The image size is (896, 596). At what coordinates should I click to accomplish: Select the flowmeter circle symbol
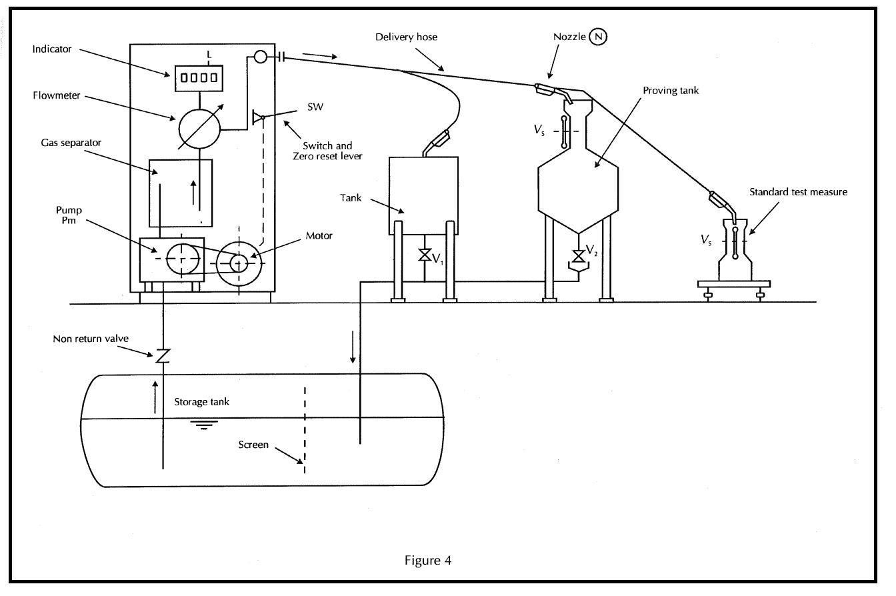click(x=199, y=127)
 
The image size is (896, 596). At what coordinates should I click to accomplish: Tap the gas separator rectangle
click(x=181, y=193)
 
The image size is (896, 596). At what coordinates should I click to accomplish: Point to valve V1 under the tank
click(x=423, y=255)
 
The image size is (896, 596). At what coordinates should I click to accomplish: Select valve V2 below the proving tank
click(x=579, y=255)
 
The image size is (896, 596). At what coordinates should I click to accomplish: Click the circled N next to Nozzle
click(x=598, y=37)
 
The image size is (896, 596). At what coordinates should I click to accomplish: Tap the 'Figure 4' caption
click(x=427, y=560)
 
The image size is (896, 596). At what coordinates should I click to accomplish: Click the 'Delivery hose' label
click(x=406, y=37)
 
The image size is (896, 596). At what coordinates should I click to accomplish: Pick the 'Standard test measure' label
click(x=798, y=192)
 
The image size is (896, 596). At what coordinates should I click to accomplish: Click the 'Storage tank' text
click(x=201, y=402)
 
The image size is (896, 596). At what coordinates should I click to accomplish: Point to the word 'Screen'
click(x=253, y=445)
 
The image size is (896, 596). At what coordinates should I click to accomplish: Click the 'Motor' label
click(x=319, y=235)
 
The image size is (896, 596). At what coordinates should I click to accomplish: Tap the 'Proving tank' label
click(x=671, y=90)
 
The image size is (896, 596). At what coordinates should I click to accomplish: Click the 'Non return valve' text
click(x=91, y=339)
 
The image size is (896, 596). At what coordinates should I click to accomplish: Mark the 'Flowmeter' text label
click(x=56, y=95)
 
